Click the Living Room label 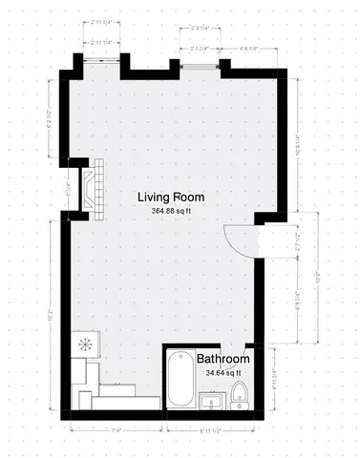tap(171, 198)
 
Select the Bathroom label tap(222, 360)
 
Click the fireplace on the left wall tap(94, 188)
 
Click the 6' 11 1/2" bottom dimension tap(212, 430)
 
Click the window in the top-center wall tap(200, 66)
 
